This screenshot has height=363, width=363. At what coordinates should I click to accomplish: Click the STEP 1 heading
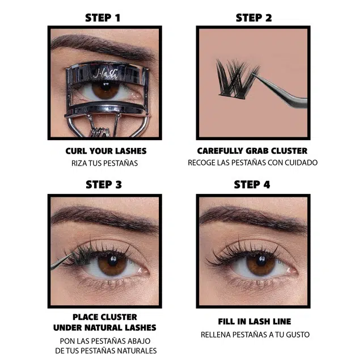coord(103,18)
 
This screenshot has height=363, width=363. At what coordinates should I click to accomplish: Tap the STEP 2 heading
coord(254,18)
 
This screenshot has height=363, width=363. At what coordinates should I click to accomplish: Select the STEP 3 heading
coord(104,184)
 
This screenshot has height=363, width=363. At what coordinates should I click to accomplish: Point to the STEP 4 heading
coord(252,184)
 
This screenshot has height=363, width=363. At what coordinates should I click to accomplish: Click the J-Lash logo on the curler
coord(105,74)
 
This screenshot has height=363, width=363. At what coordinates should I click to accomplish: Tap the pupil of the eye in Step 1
coord(106,86)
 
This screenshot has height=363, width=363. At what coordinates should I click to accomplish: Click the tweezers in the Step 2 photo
coord(280,91)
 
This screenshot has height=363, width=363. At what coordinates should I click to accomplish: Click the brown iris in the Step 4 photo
coord(261,263)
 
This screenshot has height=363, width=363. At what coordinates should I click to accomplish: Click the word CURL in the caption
coord(76,151)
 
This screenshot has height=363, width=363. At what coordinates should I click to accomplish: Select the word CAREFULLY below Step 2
coord(220,151)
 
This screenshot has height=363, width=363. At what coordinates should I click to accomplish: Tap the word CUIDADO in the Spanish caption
coord(301,163)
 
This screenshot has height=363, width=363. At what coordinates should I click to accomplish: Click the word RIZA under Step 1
coord(79,163)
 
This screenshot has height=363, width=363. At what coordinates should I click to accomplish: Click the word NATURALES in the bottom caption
coord(137,351)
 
